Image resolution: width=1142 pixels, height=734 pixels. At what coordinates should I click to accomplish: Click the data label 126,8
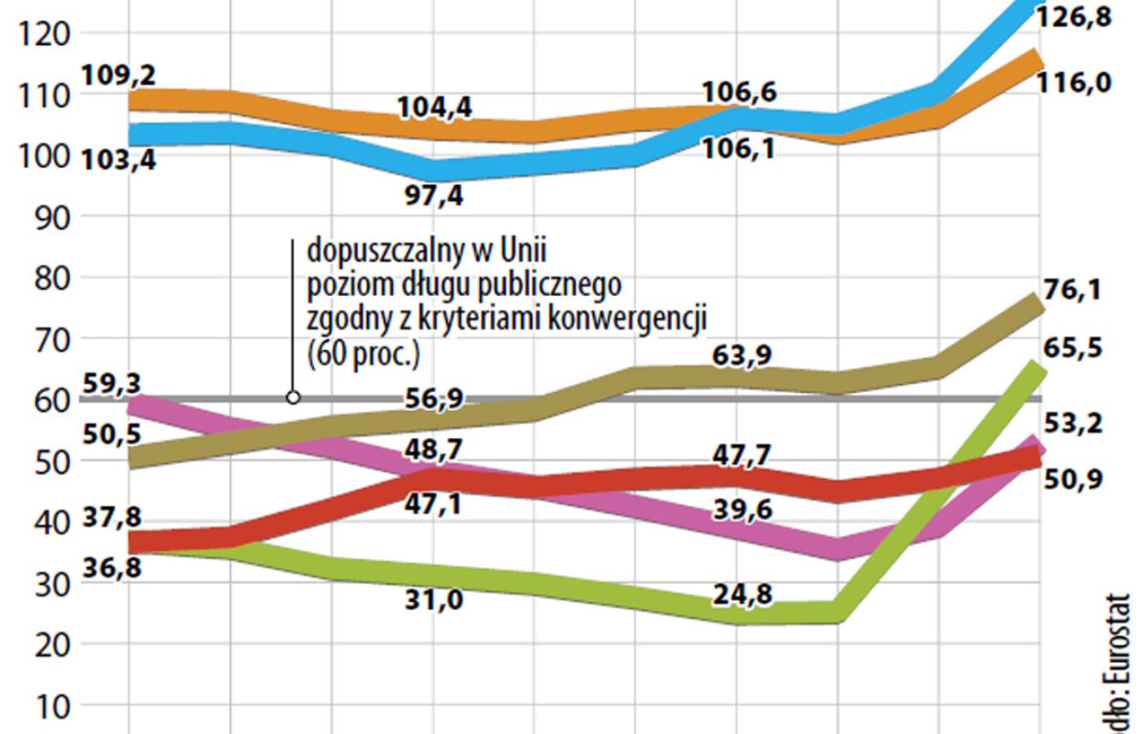(1073, 16)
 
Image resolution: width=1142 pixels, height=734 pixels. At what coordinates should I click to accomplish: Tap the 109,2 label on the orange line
(119, 75)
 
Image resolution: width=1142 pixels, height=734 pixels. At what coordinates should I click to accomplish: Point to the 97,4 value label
(434, 196)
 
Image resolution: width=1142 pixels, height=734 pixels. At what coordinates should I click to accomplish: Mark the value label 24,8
(742, 594)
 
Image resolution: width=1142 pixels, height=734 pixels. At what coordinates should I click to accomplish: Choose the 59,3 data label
(112, 382)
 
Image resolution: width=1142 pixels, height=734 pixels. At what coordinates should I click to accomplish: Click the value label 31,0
(434, 600)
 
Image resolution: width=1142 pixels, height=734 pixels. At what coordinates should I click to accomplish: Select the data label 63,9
(742, 356)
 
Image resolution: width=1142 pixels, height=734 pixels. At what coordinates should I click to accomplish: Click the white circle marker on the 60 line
(294, 398)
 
